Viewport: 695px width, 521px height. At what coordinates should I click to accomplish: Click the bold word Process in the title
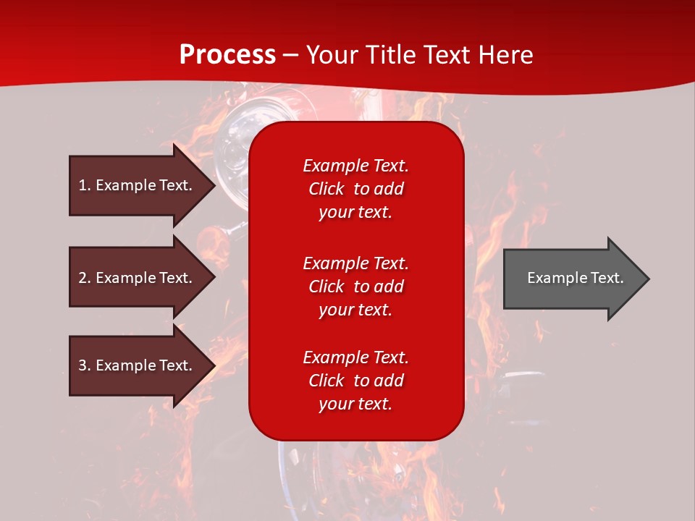(227, 54)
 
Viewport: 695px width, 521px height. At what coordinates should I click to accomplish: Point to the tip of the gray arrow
(647, 279)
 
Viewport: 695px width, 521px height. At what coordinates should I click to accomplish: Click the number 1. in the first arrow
(85, 185)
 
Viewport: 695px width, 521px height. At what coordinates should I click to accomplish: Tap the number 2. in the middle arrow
(85, 278)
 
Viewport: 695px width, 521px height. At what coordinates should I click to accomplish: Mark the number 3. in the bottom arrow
(85, 365)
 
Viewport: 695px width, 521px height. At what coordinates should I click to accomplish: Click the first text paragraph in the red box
(355, 189)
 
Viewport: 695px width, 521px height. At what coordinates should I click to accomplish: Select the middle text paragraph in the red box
(355, 286)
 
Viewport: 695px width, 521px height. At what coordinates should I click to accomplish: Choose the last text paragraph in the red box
(355, 381)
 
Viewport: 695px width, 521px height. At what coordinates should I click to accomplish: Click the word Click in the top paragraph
(327, 189)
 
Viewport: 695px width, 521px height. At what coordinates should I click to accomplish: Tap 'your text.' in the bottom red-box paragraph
(355, 404)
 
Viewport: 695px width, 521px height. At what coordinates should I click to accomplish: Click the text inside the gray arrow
(576, 278)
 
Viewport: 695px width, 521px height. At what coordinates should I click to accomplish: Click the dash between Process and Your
(291, 55)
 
